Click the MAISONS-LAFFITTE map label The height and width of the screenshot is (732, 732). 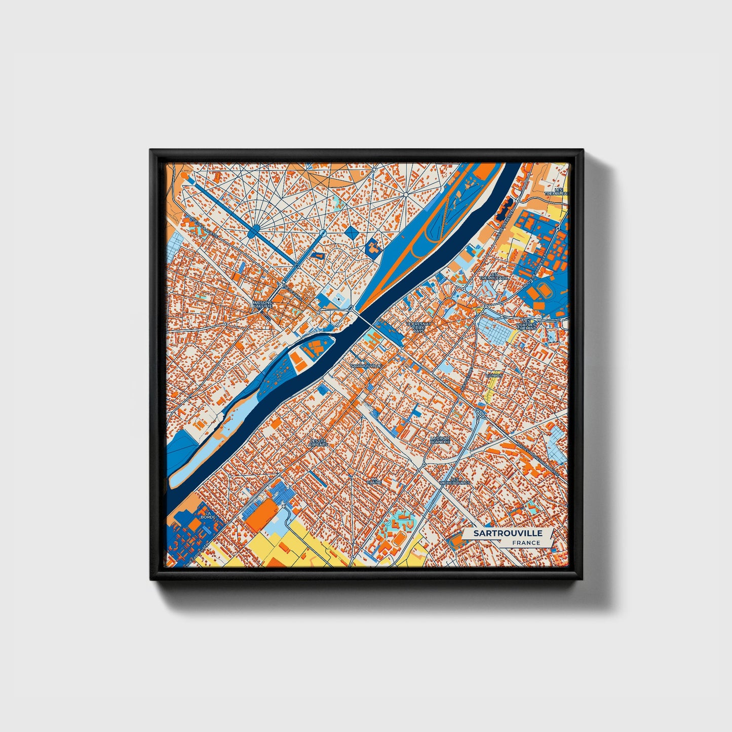point(262,304)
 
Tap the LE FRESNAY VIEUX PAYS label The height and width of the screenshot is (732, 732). point(418,327)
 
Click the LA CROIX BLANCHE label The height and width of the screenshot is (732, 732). point(439,440)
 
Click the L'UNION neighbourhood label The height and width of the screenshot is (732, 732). point(493,375)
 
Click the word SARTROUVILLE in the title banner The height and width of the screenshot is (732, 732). point(508,533)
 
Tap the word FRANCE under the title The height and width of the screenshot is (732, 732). point(526,543)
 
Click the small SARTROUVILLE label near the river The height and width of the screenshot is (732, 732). point(366,365)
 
